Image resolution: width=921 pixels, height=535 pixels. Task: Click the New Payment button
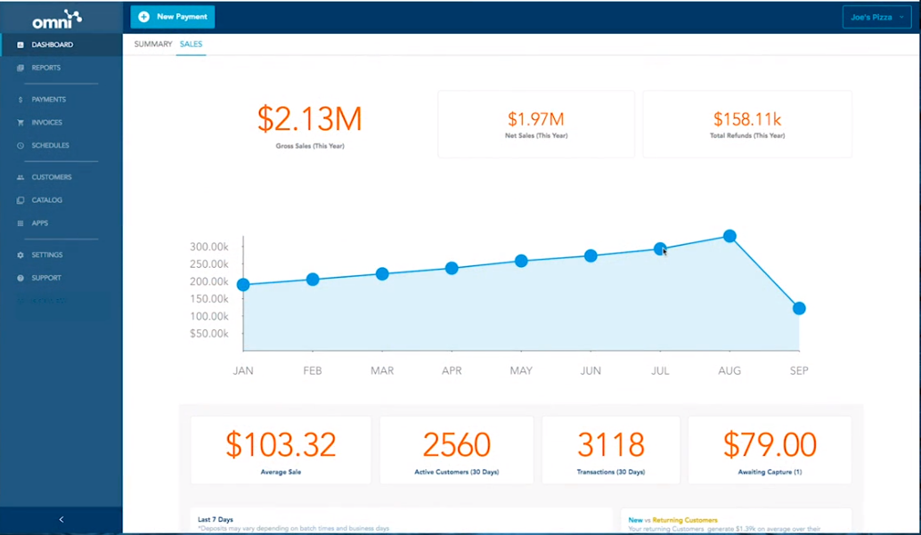tap(173, 17)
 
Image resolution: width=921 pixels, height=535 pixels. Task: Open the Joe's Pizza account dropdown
tap(876, 17)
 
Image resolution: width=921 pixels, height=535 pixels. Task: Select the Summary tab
tap(152, 44)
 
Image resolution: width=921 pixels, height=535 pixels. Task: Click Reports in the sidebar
tap(46, 68)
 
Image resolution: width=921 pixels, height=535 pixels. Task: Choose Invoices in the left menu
tap(47, 123)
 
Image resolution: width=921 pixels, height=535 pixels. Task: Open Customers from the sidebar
tap(52, 177)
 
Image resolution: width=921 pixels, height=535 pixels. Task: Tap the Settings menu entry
tap(47, 255)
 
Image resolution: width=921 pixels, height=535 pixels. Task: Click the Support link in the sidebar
tap(46, 279)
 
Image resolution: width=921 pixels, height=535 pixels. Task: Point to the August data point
tap(729, 236)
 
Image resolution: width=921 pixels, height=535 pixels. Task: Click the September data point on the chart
tap(799, 308)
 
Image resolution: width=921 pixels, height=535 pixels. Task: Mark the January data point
tap(243, 285)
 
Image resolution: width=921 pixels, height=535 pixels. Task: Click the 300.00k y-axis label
tap(209, 247)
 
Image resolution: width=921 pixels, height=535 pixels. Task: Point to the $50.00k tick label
tap(209, 334)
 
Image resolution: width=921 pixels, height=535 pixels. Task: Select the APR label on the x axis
tap(452, 370)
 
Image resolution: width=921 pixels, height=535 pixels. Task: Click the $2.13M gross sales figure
tap(310, 119)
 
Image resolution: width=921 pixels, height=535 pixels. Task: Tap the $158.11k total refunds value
tap(746, 118)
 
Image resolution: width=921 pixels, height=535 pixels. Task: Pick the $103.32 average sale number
tap(281, 444)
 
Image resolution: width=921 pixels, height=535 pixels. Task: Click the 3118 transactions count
tap(610, 444)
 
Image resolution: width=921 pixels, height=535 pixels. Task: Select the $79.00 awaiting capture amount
tap(770, 444)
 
